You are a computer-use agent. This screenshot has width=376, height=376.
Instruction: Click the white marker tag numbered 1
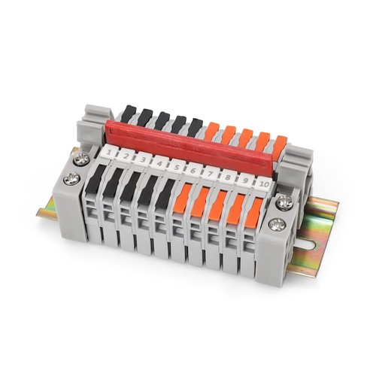109,151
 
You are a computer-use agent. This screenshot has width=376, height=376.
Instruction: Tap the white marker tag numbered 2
126,156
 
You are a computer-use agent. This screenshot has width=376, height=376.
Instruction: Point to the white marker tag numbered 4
159,163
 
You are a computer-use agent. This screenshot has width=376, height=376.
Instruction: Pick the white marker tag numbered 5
176,167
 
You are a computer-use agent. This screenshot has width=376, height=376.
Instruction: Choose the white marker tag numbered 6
193,171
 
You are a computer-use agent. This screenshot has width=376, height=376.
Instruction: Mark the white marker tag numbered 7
210,174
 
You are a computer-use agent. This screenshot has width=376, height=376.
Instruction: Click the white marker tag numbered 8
228,179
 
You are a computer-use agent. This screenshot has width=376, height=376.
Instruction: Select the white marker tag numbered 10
264,186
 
